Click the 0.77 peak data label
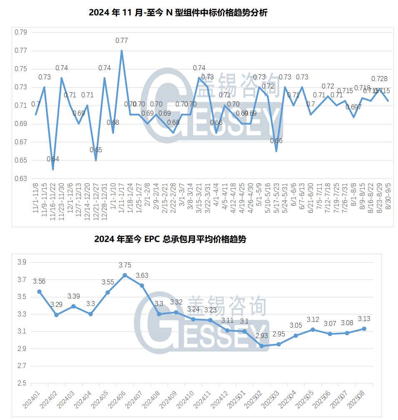[122, 40]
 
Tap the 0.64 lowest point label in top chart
[53, 159]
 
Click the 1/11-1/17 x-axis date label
[121, 198]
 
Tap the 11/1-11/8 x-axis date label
[36, 198]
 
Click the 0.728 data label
[379, 79]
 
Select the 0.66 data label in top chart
[276, 141]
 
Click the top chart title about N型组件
[178, 13]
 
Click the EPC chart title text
[170, 240]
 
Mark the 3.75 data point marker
[125, 275]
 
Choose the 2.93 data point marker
[262, 346]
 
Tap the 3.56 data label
[39, 282]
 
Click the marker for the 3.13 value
[364, 329]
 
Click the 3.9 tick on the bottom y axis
[22, 262]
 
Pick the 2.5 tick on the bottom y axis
[22, 383]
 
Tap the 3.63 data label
[142, 275]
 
